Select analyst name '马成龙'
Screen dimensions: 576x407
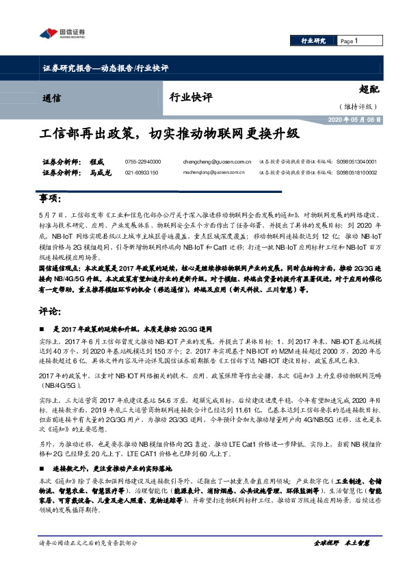tap(100, 172)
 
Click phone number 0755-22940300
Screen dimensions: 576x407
tap(142, 161)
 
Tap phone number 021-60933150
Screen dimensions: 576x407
tap(142, 172)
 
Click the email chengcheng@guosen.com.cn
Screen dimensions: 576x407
tap(214, 161)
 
